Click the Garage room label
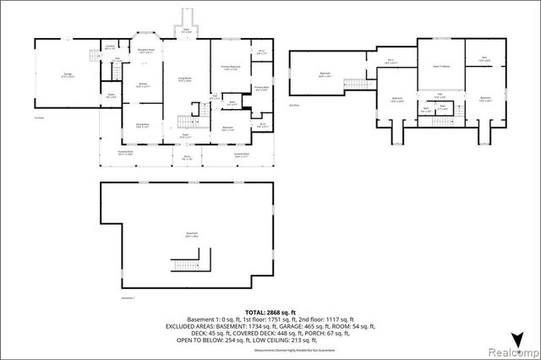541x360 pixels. coord(68,76)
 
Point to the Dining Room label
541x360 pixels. coord(143,124)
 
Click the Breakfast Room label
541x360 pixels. coord(145,51)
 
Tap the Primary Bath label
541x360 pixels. coord(262,87)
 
